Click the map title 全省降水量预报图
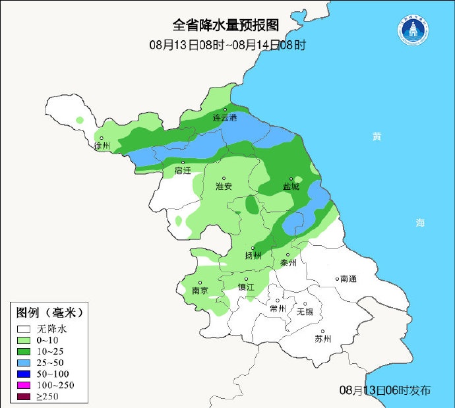click(x=226, y=25)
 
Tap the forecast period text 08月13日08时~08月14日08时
click(x=228, y=45)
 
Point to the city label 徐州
click(x=102, y=146)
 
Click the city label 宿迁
click(x=183, y=170)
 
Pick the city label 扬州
click(x=253, y=255)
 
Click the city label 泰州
click(x=289, y=262)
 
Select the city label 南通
click(x=348, y=279)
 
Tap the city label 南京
click(x=200, y=291)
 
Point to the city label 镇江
click(x=246, y=287)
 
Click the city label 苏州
click(x=322, y=339)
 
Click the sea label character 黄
click(x=377, y=136)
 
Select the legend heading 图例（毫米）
click(x=49, y=312)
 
